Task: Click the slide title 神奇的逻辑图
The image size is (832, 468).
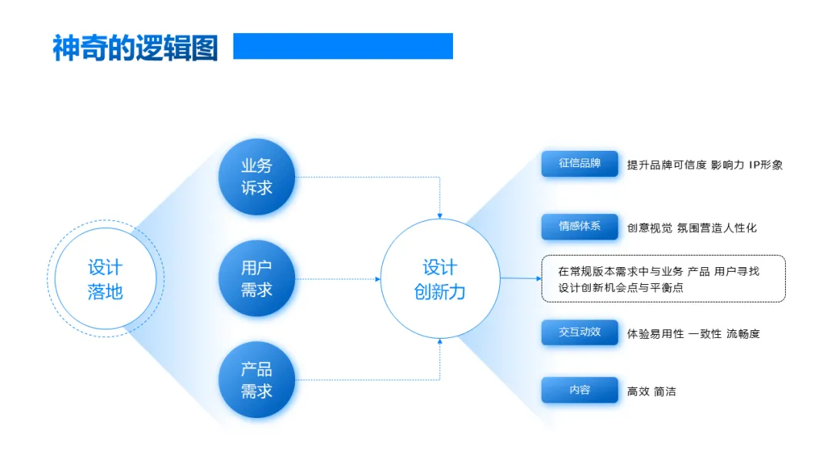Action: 135,48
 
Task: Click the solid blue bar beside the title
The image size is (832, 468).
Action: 343,46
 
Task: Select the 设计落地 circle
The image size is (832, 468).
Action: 106,279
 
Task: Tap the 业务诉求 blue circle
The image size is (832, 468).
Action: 257,177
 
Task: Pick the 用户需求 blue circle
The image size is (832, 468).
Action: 257,279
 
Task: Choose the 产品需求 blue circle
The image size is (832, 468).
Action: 257,380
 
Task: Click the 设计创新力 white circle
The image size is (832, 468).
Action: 440,279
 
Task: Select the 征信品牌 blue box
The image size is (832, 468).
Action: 579,164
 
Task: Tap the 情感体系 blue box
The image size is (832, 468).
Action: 579,227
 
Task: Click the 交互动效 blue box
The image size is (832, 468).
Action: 579,333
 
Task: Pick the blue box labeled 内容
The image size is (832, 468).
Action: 579,390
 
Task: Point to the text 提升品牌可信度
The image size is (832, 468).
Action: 666,165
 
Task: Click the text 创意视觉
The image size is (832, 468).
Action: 649,228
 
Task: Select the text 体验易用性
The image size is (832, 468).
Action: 656,334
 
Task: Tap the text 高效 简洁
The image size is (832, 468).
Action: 652,392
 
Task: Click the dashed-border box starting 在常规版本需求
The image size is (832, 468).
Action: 663,279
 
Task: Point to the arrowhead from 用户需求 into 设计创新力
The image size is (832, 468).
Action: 378,279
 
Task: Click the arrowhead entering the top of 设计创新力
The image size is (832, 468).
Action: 440,216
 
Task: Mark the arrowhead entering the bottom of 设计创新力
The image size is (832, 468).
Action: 440,342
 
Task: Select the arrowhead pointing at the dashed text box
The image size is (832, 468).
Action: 538,279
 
